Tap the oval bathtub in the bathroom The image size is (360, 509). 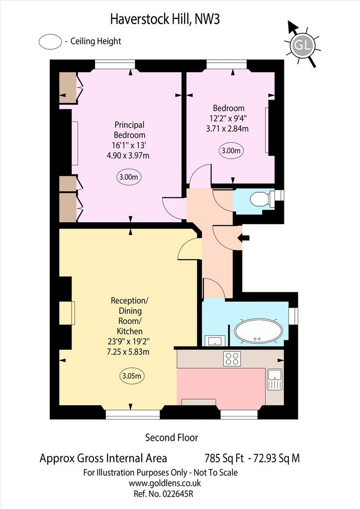[x=259, y=332]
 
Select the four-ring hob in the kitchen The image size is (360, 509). [x=232, y=359]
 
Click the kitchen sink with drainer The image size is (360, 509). [x=274, y=379]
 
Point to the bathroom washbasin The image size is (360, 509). [x=214, y=341]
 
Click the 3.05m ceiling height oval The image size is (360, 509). [x=131, y=376]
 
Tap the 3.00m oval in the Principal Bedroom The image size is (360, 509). [x=129, y=177]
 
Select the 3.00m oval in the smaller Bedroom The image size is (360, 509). [x=231, y=151]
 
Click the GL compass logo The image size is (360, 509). [x=302, y=44]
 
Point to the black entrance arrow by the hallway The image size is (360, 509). [x=244, y=238]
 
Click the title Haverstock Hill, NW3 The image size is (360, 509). [x=165, y=19]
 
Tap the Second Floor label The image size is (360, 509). [x=172, y=437]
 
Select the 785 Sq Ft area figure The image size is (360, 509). [x=224, y=458]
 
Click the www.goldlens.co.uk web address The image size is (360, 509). [x=165, y=483]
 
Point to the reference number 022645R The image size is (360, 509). [x=177, y=494]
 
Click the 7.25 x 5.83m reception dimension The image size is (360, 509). [x=128, y=351]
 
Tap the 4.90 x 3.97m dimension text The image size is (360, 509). [x=128, y=156]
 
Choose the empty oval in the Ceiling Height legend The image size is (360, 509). [x=50, y=42]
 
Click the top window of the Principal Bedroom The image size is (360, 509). [x=115, y=64]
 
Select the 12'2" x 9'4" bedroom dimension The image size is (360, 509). [x=227, y=118]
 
